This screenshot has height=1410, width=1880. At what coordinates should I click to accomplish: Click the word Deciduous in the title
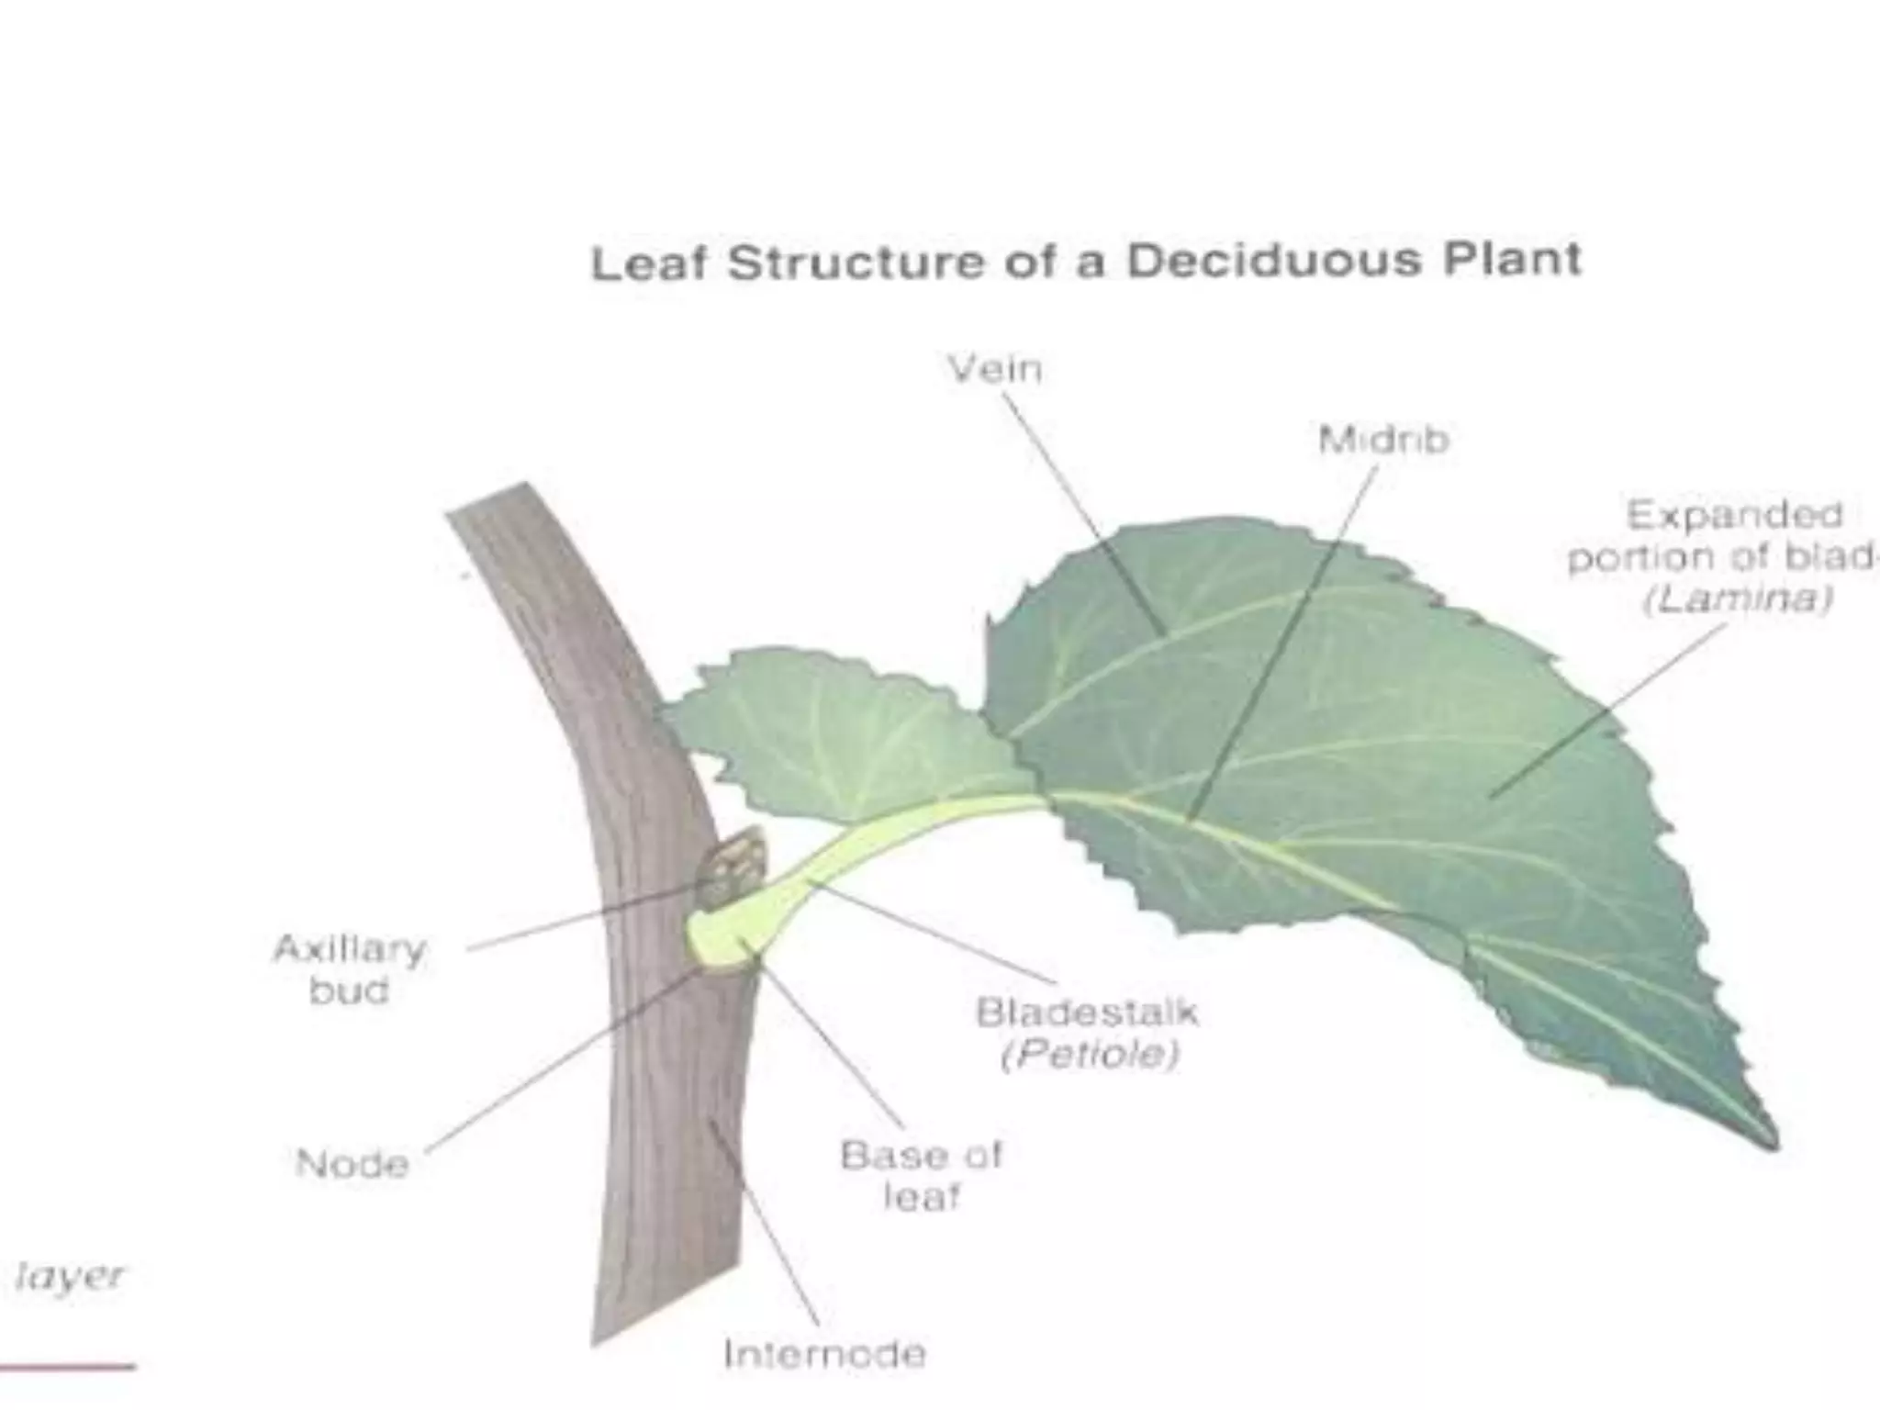point(1273,262)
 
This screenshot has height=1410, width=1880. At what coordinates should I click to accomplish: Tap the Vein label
point(995,369)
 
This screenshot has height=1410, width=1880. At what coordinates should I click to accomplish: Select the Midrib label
point(1383,440)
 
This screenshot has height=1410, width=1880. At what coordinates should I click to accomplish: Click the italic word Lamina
point(1739,599)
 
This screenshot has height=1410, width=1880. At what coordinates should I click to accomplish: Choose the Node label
point(352,1164)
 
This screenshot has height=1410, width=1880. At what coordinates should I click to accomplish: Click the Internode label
point(824,1354)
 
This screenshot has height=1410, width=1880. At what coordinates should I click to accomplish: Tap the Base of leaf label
point(921,1176)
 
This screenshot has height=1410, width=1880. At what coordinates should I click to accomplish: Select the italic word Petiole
point(1090,1055)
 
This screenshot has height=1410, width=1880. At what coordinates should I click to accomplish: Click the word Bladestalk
point(1087,1012)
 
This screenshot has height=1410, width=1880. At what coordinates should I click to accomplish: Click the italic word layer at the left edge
point(70,1277)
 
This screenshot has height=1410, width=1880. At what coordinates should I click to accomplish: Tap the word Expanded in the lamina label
point(1734,515)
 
